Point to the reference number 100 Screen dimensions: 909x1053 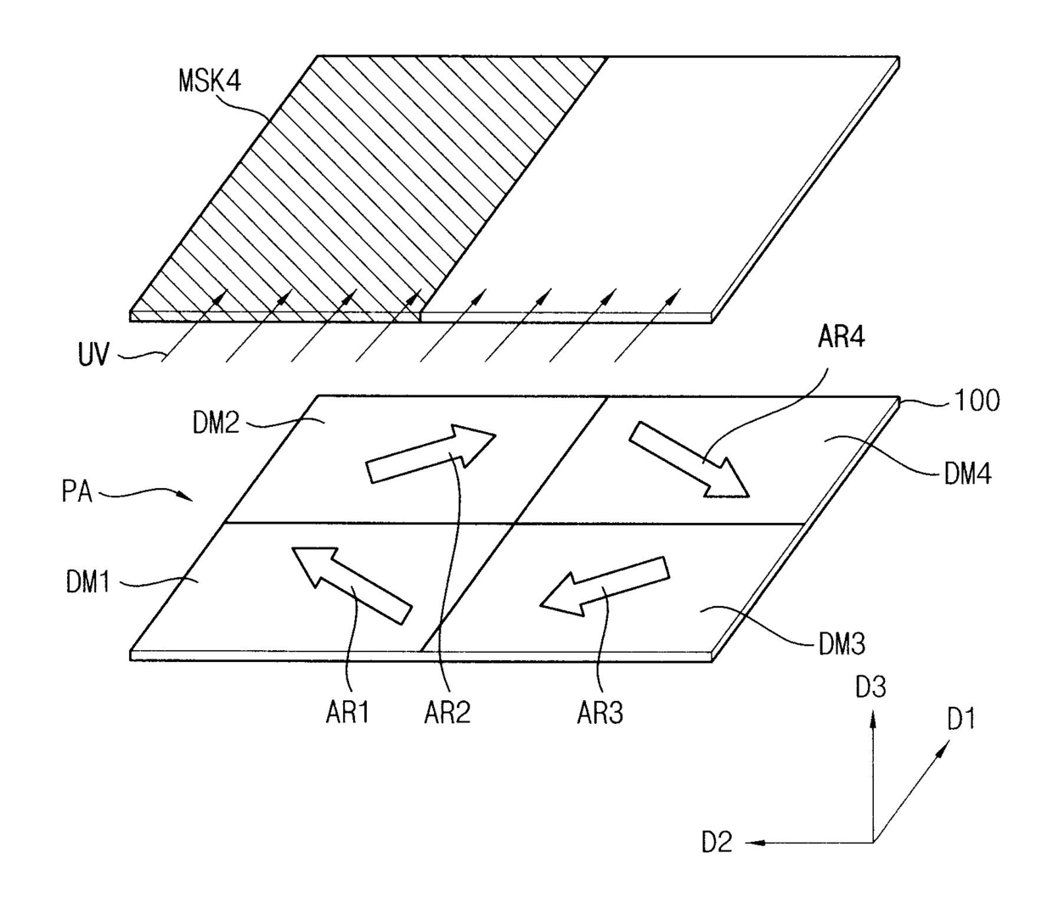point(977,401)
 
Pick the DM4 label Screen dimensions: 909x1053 point(967,473)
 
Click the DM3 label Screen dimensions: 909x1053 point(841,645)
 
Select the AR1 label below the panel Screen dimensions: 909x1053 point(347,713)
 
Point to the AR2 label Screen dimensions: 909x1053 point(447,713)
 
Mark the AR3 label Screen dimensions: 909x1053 point(600,713)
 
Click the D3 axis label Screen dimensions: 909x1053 point(870,686)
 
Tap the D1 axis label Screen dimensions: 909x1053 point(961,720)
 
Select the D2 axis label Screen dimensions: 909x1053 point(717,843)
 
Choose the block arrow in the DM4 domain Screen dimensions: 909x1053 point(689,458)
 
